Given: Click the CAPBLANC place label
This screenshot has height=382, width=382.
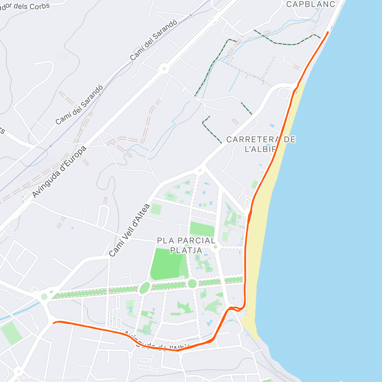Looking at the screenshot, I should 310,4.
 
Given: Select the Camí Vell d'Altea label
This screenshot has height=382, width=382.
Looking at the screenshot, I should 129,230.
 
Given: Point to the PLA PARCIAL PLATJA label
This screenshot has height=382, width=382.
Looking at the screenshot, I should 186,245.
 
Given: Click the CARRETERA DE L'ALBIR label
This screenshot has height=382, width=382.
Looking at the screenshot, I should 261,144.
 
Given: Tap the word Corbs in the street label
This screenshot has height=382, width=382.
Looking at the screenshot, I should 39,6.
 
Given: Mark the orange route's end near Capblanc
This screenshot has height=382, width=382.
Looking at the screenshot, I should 328,32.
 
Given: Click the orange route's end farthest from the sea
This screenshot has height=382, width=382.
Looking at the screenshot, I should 53,323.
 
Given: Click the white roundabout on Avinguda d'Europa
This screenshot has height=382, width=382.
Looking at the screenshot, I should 164,68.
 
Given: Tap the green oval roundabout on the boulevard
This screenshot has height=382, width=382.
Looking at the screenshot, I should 145,288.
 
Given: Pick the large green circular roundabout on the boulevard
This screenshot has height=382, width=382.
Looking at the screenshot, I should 192,283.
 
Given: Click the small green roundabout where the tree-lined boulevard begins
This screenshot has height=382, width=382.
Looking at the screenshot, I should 44,297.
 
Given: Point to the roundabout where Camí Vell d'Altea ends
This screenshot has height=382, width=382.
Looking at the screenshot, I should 201,169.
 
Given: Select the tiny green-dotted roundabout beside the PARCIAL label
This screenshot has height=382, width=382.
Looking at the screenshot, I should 216,247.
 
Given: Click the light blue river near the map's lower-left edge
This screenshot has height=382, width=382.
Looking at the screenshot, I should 13,315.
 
